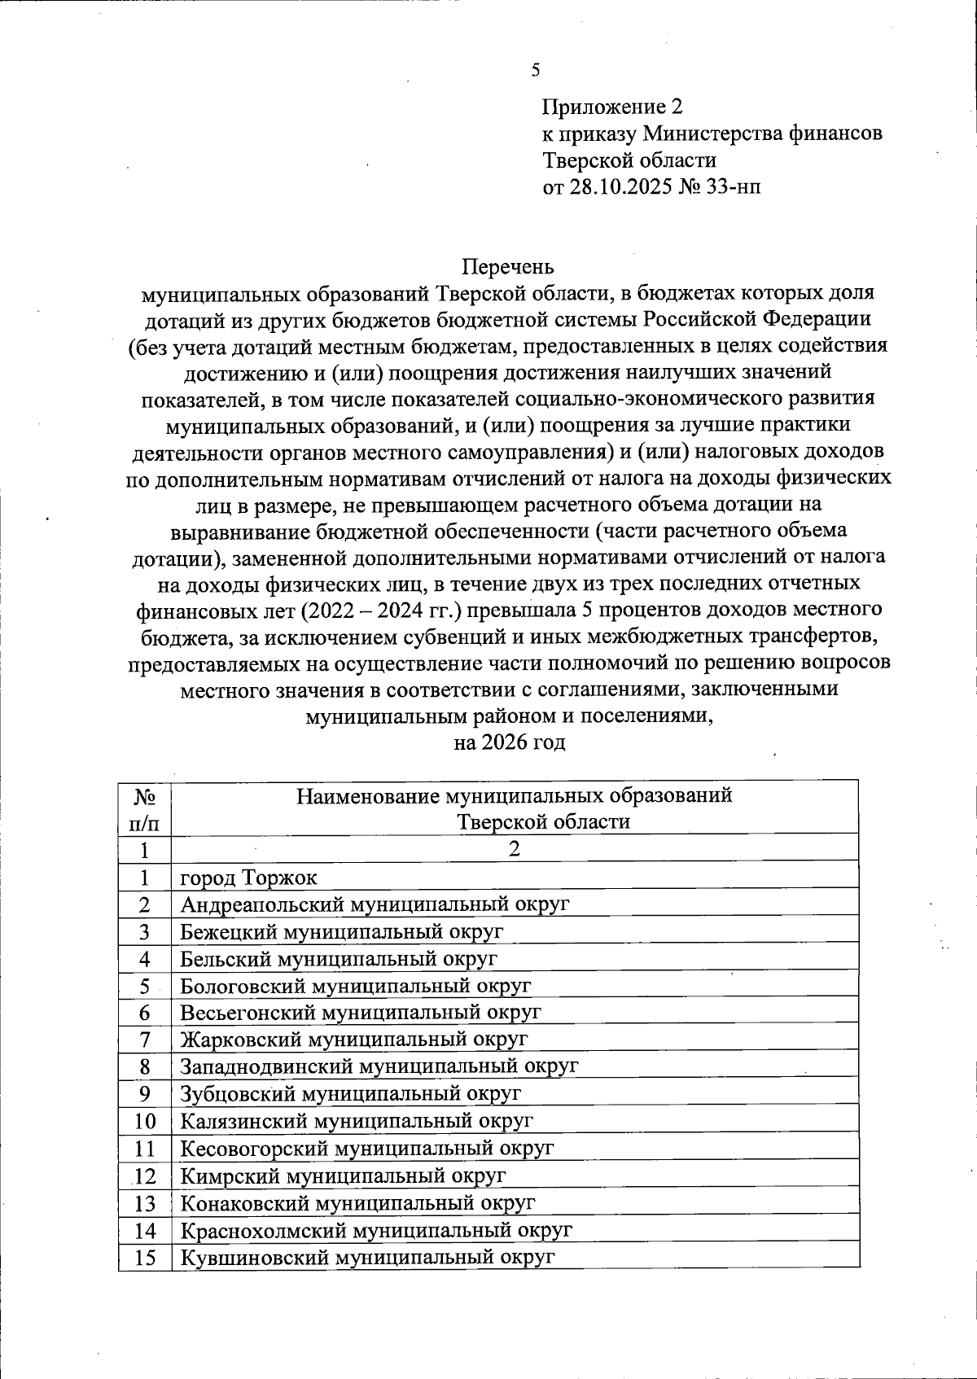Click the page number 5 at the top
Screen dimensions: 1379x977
tap(535, 70)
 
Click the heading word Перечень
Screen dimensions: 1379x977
tap(508, 266)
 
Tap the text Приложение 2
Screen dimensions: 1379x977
tap(611, 107)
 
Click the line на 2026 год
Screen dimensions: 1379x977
tap(509, 742)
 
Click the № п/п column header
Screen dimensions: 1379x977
tap(144, 808)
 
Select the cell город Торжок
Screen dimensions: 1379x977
tap(248, 878)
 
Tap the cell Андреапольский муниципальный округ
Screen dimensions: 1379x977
tap(375, 904)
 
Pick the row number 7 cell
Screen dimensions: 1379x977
tap(144, 1040)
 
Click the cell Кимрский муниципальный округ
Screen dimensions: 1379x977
tap(343, 1175)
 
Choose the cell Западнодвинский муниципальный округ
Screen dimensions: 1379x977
tap(379, 1066)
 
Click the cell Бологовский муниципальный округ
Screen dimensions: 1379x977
tap(355, 986)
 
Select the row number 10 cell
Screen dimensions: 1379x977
tap(144, 1121)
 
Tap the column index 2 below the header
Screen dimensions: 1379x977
tap(514, 849)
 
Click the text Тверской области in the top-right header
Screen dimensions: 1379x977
tap(629, 160)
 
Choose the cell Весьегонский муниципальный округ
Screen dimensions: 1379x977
tap(360, 1013)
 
